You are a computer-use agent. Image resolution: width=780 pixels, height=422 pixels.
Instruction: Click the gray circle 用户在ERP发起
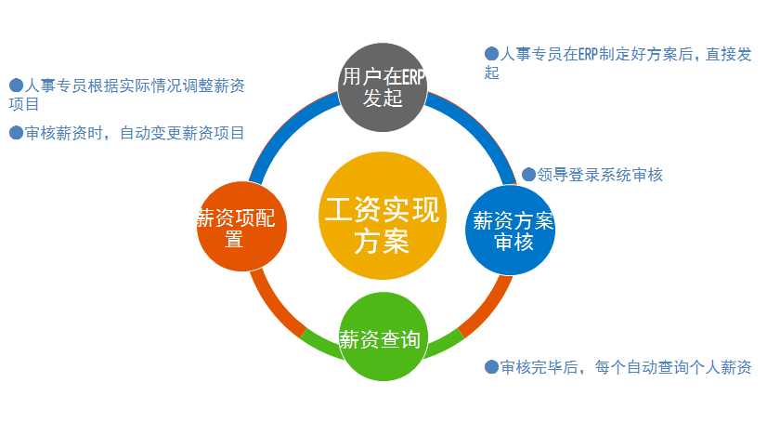click(382, 87)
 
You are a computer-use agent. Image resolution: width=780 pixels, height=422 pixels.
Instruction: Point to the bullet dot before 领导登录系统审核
click(528, 174)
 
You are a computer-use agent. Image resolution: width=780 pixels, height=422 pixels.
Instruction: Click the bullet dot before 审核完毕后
click(492, 367)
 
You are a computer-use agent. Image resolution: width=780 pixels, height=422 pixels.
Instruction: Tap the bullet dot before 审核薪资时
click(16, 133)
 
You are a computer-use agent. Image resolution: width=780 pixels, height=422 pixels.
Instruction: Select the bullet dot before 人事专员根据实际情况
click(16, 86)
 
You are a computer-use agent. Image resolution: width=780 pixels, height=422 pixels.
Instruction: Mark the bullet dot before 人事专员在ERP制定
click(492, 54)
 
